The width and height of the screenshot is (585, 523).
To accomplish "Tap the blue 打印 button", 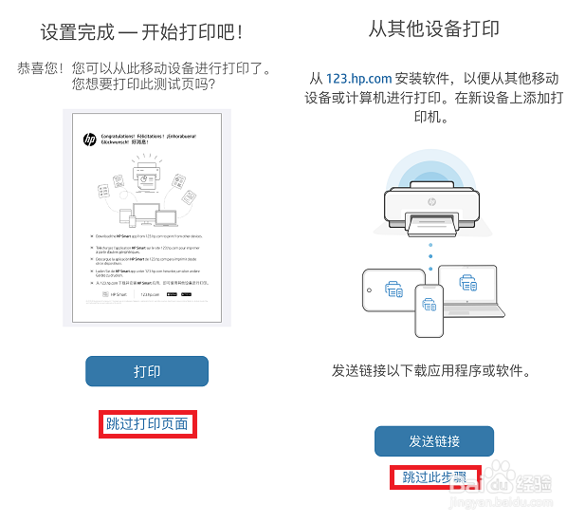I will point(146,371).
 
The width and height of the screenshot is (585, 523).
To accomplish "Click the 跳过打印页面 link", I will point(146,423).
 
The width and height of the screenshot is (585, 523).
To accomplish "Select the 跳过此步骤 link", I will point(434,476).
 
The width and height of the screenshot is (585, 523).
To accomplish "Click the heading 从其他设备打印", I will point(434,29).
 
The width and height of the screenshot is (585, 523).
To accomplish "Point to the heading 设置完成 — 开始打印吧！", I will point(142,32).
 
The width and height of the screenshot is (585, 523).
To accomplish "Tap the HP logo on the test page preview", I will point(90,139).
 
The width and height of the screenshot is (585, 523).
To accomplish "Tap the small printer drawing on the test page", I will point(146,175).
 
